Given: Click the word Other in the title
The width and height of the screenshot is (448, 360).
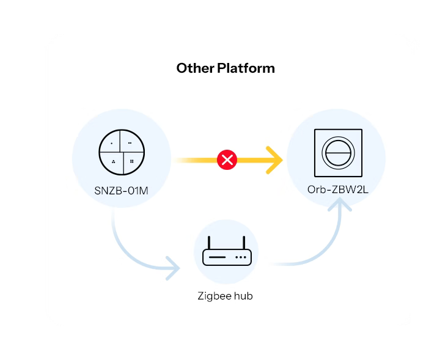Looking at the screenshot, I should click(x=195, y=68).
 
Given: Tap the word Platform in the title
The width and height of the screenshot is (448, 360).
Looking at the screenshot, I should click(x=246, y=68).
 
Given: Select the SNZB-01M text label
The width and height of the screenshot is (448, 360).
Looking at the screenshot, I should click(x=121, y=191).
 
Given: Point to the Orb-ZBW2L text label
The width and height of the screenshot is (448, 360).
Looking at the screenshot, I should click(x=337, y=189).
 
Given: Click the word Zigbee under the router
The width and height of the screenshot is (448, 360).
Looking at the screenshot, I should click(x=213, y=296).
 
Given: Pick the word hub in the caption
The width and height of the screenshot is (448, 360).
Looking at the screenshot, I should click(x=242, y=296).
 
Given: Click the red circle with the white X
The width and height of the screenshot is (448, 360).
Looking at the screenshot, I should click(x=227, y=160).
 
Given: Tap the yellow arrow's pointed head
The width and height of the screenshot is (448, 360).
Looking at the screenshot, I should click(x=276, y=160).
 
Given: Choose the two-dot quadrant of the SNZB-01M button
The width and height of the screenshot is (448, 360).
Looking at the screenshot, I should click(x=130, y=143).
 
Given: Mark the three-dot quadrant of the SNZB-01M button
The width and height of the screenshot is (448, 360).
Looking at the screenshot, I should click(x=113, y=161).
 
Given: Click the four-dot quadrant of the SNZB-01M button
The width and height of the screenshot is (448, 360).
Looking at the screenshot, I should click(x=131, y=161).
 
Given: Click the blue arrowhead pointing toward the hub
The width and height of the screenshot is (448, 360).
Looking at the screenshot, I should click(x=173, y=268).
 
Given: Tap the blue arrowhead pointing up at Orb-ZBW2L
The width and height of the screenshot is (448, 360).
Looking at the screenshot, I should click(x=340, y=205).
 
